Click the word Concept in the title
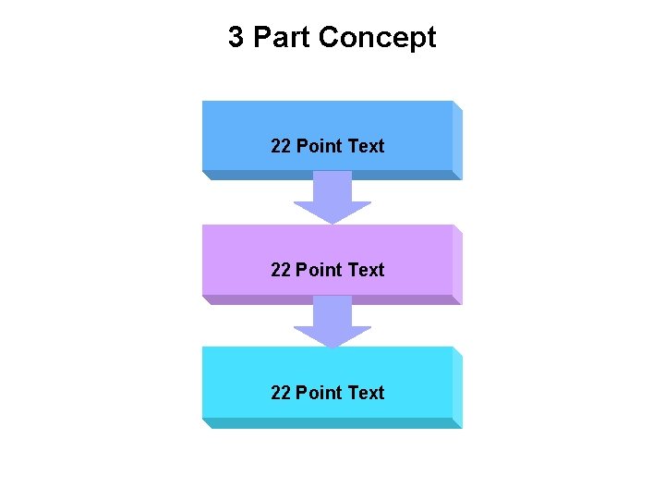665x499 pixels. coord(377,38)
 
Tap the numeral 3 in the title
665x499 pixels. coord(236,38)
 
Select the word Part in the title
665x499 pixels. coord(281,38)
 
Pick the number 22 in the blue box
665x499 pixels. coord(281,146)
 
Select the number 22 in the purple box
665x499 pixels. coord(281,270)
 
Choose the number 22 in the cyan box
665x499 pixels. coord(281,393)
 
